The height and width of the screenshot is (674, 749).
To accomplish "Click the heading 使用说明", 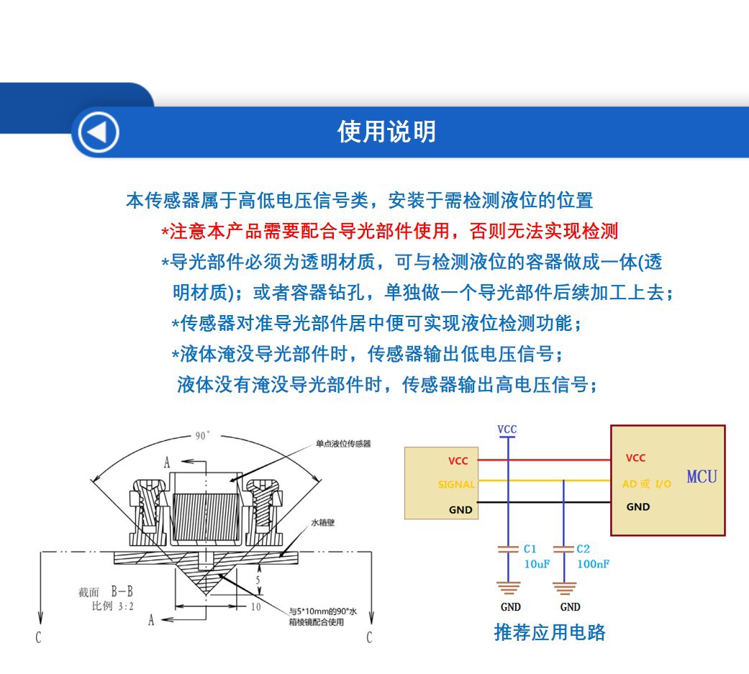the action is [x=386, y=132].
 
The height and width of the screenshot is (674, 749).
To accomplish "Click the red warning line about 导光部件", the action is [x=389, y=231].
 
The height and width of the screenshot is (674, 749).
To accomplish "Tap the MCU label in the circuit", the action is [x=701, y=476].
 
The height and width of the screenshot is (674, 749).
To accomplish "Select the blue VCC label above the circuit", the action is [x=507, y=429].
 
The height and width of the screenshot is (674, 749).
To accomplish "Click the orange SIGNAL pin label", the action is [x=456, y=485].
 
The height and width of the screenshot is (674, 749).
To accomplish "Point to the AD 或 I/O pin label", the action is [x=647, y=484].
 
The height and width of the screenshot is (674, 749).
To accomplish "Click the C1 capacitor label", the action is [x=530, y=549].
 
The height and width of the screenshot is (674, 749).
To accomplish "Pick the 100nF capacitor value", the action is [x=593, y=564].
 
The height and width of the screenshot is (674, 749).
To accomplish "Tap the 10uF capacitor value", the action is [x=537, y=564].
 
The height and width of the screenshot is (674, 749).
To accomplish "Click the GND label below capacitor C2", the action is [x=569, y=607].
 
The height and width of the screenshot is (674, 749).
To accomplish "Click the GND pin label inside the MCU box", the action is [x=637, y=507].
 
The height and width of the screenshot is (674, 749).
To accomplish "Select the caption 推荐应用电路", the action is [x=550, y=632].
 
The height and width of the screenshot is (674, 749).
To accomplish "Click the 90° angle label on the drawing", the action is [x=202, y=435].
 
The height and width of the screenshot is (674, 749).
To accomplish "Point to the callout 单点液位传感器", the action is [x=343, y=444].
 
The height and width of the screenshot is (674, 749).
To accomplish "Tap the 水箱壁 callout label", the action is [x=322, y=523].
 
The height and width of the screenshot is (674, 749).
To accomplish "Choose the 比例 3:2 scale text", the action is [x=107, y=606].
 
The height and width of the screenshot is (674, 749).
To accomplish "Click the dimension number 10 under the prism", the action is [x=255, y=606].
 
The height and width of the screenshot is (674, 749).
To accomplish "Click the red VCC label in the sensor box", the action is [x=458, y=461].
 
